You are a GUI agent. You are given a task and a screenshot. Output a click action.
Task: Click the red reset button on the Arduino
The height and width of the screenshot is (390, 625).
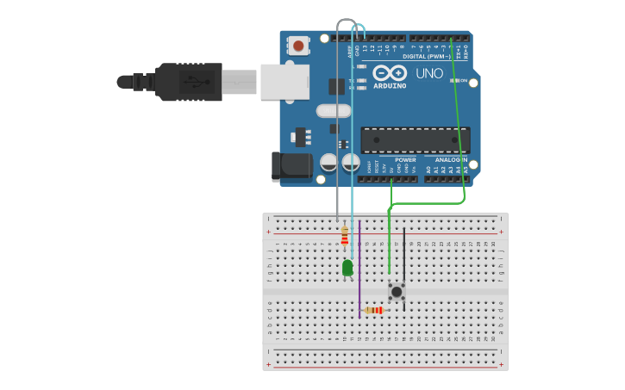(298, 46)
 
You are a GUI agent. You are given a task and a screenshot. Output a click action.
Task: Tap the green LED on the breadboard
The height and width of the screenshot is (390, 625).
(347, 268)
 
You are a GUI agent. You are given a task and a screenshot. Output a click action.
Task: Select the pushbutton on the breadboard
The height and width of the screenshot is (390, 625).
(397, 292)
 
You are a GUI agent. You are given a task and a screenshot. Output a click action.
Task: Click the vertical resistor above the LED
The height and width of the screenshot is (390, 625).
(345, 235)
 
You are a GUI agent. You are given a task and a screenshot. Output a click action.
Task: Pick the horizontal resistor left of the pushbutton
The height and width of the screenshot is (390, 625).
(374, 310)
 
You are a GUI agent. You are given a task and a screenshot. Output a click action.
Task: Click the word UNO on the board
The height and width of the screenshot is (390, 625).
(429, 74)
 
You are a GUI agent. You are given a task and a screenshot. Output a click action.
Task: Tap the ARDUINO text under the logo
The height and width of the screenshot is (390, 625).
(390, 85)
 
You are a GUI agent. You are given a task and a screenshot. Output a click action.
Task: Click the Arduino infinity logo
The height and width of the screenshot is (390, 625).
(390, 72)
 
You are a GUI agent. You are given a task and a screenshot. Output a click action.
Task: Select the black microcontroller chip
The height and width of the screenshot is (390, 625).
(415, 140)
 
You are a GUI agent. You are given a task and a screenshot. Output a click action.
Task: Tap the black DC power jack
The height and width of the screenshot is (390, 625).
(291, 167)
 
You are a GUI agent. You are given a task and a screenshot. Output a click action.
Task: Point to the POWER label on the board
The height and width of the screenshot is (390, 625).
(405, 159)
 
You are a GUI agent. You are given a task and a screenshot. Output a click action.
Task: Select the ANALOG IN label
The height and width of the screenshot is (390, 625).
(451, 159)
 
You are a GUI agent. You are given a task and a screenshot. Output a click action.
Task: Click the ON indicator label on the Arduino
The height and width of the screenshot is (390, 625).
(463, 81)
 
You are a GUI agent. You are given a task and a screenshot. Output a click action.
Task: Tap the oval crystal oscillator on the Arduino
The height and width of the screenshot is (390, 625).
(333, 111)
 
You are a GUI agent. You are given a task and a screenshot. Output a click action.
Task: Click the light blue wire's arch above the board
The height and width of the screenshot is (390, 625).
(359, 28)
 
